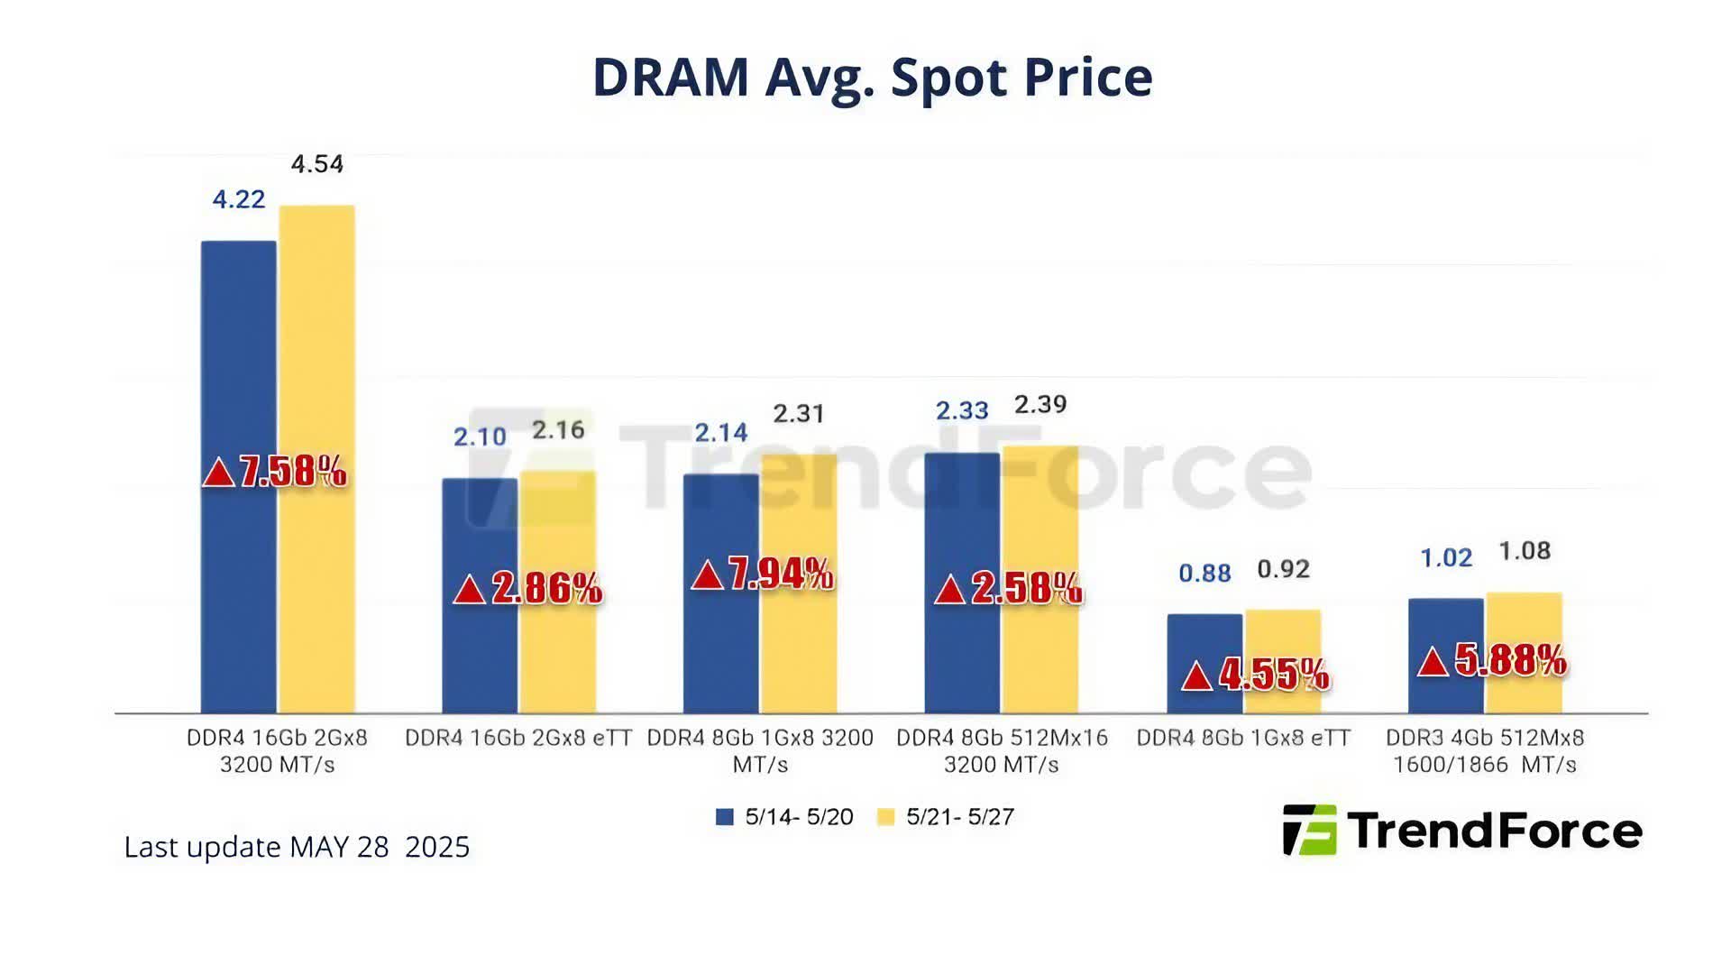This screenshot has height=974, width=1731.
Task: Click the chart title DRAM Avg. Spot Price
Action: (872, 78)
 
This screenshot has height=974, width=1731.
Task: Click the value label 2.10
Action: (480, 437)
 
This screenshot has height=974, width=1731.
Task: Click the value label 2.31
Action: (799, 414)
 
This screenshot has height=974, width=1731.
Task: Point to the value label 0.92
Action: (1283, 569)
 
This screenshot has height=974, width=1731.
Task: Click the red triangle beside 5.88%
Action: (1433, 663)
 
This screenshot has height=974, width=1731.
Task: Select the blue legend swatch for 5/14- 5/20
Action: (724, 817)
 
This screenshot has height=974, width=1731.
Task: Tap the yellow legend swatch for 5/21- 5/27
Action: (885, 817)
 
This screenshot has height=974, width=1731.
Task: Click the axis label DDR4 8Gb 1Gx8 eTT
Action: (1243, 738)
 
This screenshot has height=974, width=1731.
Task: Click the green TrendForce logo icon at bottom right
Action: (1309, 830)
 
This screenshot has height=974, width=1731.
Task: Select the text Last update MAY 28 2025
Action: (297, 847)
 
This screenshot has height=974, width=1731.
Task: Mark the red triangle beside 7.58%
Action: (218, 472)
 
